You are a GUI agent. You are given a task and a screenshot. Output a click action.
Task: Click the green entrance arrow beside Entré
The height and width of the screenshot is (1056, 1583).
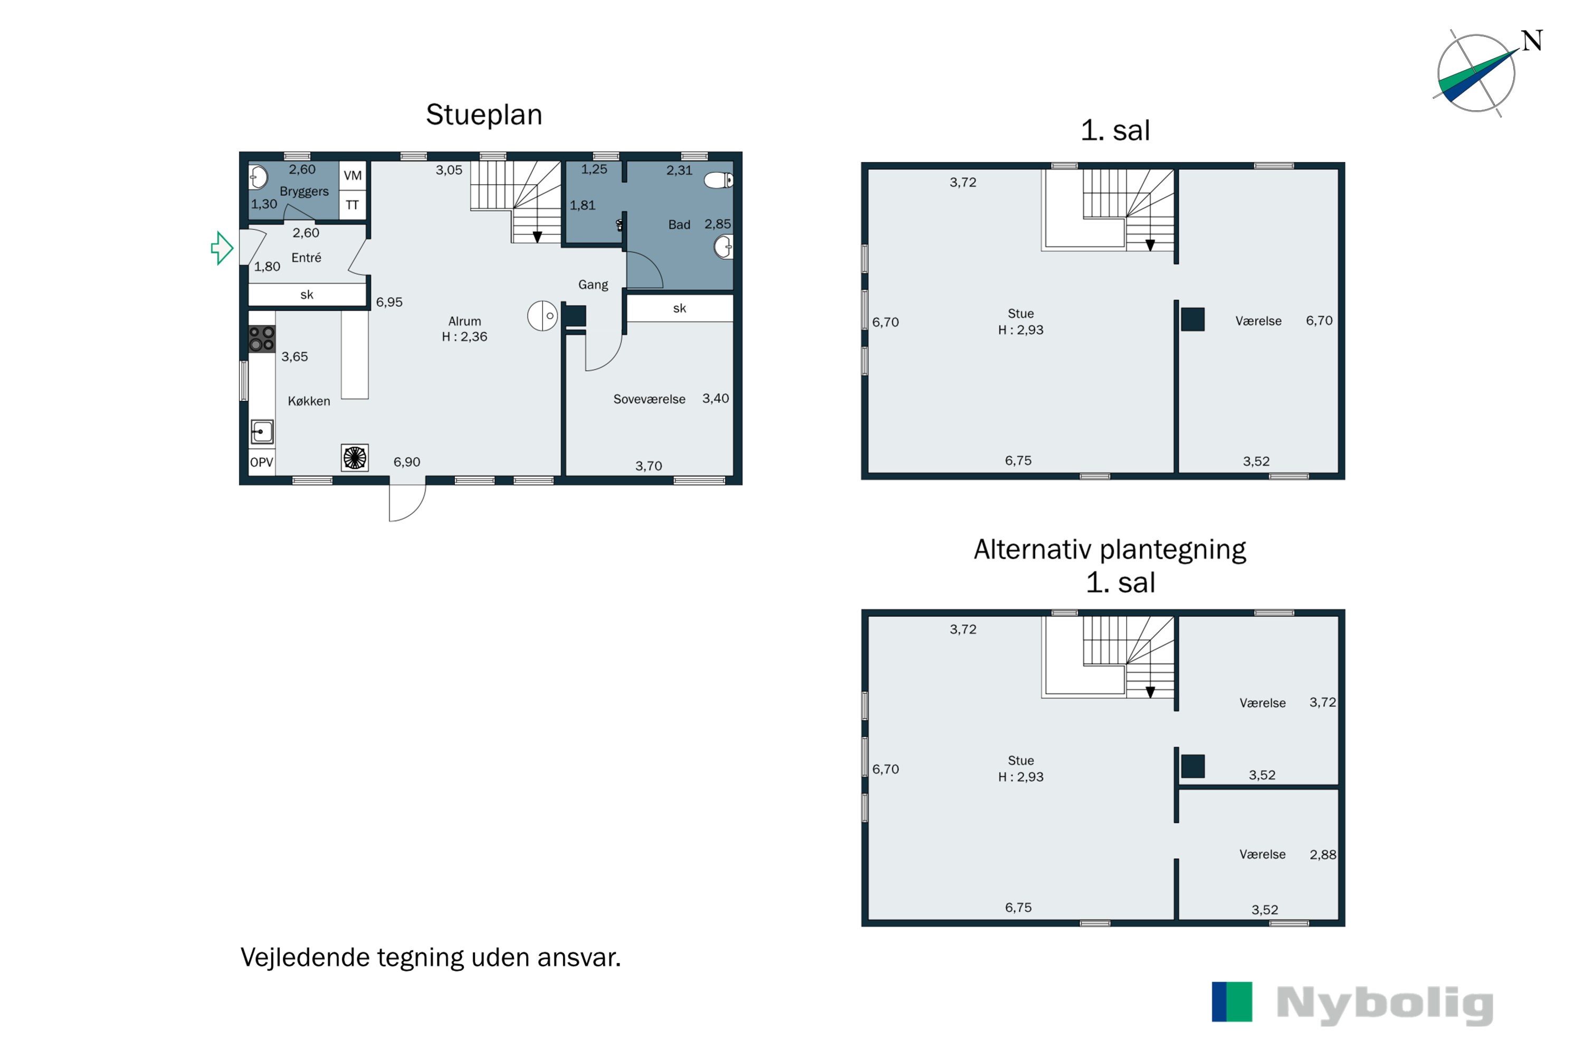click(222, 249)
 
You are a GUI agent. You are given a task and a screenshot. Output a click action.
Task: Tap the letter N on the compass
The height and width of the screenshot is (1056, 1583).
click(1532, 41)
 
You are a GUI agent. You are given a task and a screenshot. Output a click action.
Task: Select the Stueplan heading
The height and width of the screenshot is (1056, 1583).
click(484, 115)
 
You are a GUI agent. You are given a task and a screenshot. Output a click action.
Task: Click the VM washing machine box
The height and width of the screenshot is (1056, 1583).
click(352, 176)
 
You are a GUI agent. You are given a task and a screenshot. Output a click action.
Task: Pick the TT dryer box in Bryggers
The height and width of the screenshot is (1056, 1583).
click(352, 205)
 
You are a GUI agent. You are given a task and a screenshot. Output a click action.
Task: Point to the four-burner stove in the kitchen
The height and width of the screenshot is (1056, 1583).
click(262, 339)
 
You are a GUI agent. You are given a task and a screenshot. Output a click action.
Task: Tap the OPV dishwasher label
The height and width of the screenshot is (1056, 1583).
click(262, 463)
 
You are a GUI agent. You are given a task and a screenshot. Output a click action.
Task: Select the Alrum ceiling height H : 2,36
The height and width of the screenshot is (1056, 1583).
click(464, 337)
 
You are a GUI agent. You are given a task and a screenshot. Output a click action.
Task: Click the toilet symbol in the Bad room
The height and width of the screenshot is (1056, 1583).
click(719, 180)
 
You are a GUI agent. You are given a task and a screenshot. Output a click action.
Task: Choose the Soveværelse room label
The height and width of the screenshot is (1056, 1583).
click(650, 399)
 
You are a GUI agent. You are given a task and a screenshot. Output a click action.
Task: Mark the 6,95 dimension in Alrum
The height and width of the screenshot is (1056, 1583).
click(389, 303)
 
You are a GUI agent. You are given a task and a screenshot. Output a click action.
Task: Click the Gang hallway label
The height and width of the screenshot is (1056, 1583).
click(593, 285)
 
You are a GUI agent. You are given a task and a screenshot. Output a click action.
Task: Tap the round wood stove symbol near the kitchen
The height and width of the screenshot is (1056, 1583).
click(542, 316)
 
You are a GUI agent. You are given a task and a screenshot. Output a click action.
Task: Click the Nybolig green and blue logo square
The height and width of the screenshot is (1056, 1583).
click(1232, 1002)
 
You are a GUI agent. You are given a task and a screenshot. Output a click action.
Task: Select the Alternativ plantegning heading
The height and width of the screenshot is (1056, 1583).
click(1110, 550)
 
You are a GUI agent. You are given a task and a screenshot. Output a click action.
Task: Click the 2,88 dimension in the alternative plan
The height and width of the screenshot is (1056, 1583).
click(1322, 855)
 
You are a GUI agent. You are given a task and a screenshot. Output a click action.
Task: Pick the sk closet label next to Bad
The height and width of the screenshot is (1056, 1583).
click(680, 308)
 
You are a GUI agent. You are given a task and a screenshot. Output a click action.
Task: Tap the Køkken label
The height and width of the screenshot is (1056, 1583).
click(309, 401)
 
